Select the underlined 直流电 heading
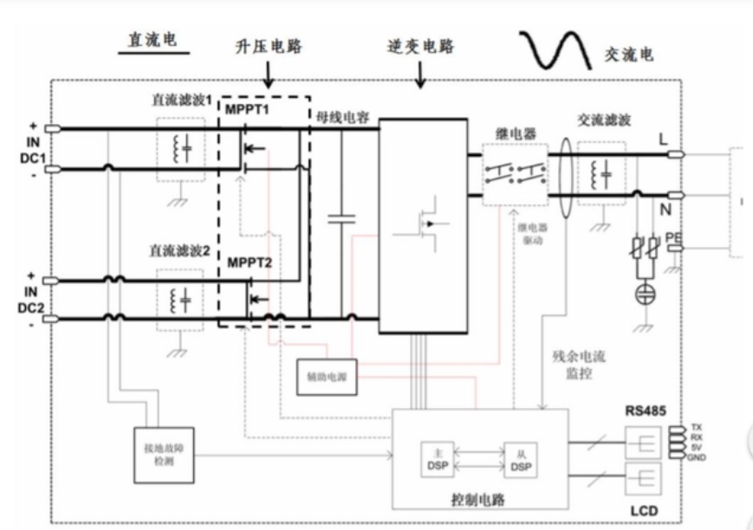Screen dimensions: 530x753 [x=152, y=41]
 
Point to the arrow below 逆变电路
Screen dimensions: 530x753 [x=422, y=76]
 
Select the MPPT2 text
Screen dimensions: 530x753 [x=250, y=262]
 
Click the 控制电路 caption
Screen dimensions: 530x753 [x=481, y=500]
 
